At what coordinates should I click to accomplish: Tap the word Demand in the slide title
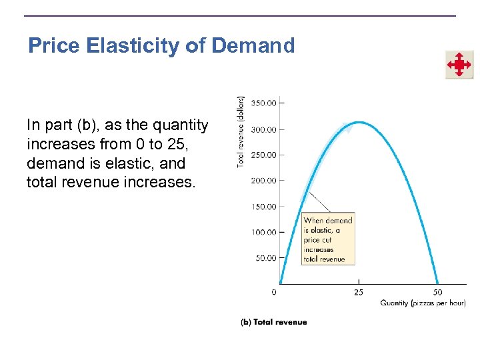tap(253, 45)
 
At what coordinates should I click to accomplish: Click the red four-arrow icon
tap(459, 65)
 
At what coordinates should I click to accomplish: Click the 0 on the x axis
tap(275, 292)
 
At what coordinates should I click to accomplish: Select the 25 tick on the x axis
tap(359, 292)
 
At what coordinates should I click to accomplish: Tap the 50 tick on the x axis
tap(437, 292)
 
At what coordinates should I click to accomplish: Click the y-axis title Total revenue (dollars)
tap(241, 131)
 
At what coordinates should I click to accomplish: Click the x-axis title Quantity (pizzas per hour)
tap(423, 303)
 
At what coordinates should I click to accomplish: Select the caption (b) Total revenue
tap(274, 322)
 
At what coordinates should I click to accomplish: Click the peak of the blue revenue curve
tap(359, 122)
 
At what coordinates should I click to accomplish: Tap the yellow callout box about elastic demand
tap(328, 239)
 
